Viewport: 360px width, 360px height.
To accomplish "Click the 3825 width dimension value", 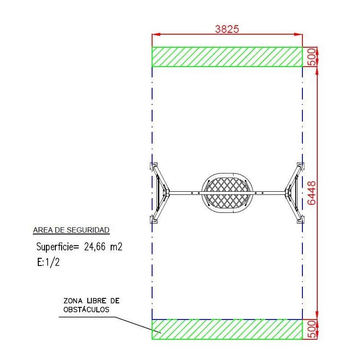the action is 227,29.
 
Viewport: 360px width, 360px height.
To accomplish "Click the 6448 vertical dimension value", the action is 311,193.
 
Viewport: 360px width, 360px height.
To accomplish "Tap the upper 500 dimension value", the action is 311,57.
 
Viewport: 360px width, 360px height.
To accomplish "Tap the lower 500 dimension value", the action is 311,329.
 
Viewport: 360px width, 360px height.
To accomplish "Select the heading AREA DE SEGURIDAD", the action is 71,230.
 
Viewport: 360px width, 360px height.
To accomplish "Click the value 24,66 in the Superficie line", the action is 95,247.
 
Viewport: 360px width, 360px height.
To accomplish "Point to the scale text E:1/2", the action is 49,262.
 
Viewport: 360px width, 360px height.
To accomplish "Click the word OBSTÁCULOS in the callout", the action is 86,309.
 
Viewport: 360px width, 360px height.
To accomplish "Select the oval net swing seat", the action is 227,193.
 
